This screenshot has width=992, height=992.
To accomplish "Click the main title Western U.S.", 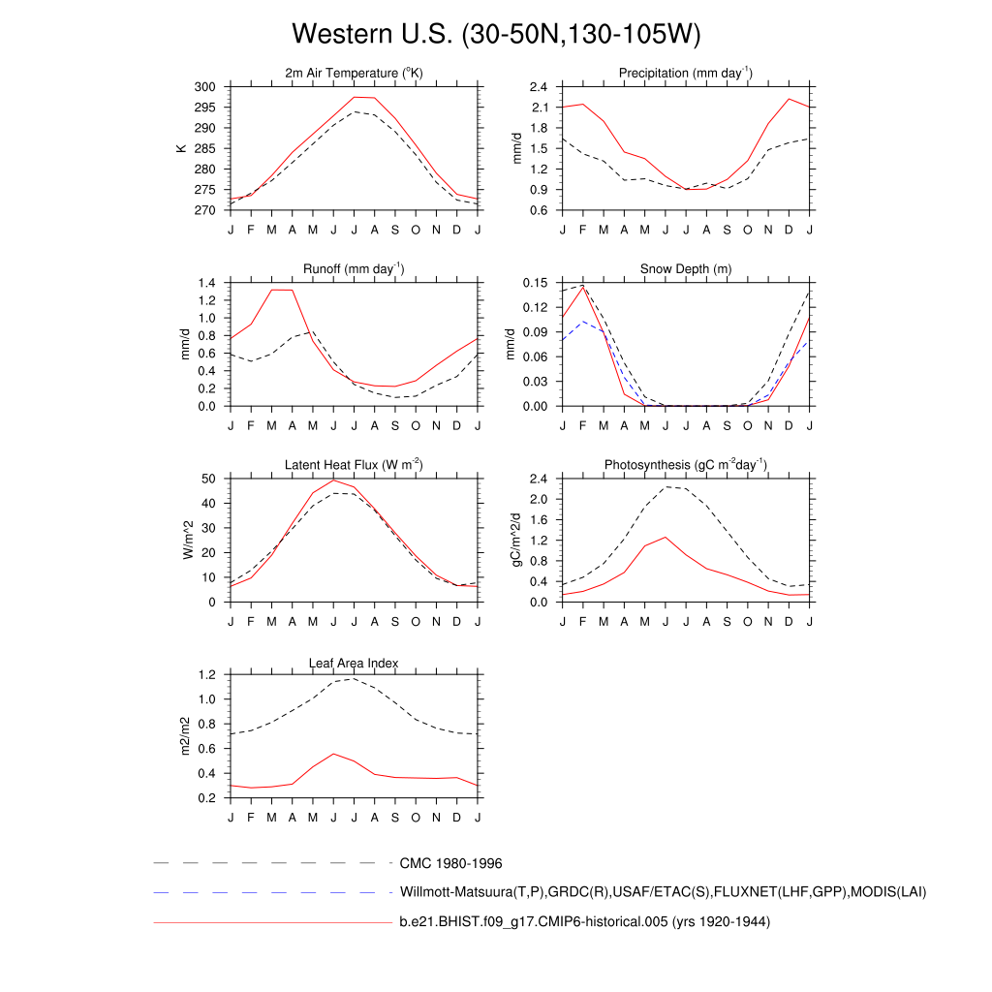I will click(495, 35).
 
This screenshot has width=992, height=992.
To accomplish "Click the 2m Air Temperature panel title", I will click(354, 74).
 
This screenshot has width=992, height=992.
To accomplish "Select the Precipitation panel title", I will click(686, 74).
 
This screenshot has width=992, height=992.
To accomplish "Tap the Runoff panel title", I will click(354, 269).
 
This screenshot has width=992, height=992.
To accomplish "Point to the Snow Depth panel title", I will click(686, 269).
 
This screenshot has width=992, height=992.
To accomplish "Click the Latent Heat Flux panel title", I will click(354, 465).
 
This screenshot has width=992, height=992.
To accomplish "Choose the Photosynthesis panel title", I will click(686, 465).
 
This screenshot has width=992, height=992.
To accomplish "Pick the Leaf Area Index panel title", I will click(354, 663).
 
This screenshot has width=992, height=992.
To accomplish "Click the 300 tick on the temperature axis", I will click(206, 87).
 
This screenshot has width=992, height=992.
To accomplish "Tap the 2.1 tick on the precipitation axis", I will click(540, 108).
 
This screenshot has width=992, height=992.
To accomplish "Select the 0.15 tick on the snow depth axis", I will click(536, 283).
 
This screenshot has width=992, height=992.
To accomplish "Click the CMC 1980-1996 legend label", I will click(450, 862).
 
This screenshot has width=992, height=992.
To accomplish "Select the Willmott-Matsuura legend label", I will click(663, 892).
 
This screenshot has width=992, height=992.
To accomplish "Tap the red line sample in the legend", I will click(271, 923).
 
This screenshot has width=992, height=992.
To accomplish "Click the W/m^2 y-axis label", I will click(188, 541).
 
